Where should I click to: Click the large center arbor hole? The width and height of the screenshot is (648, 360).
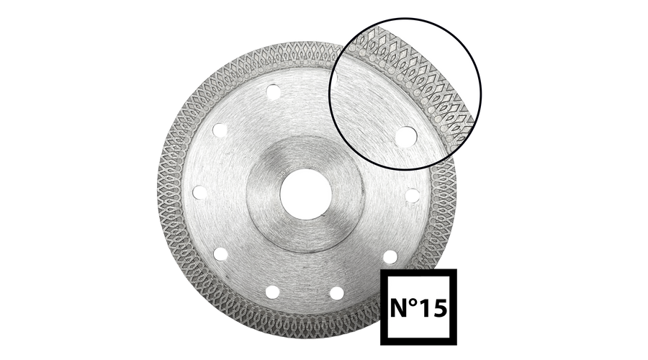tap(306, 194)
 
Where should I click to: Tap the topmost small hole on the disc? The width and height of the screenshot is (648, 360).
tap(272, 92)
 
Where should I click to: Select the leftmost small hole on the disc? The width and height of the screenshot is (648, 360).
tap(200, 192)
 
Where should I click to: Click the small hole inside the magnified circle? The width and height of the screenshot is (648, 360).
tap(405, 137)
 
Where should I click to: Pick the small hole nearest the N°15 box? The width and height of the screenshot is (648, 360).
tap(390, 257)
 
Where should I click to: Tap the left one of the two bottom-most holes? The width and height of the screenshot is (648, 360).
tap(272, 292)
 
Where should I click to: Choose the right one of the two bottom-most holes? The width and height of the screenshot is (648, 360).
tap(337, 293)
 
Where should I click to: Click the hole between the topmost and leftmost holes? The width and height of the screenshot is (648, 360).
tap(220, 130)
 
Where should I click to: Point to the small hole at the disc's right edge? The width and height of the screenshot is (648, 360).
tap(412, 196)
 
